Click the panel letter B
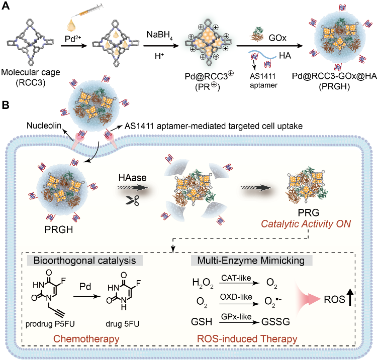[x=6, y=106]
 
